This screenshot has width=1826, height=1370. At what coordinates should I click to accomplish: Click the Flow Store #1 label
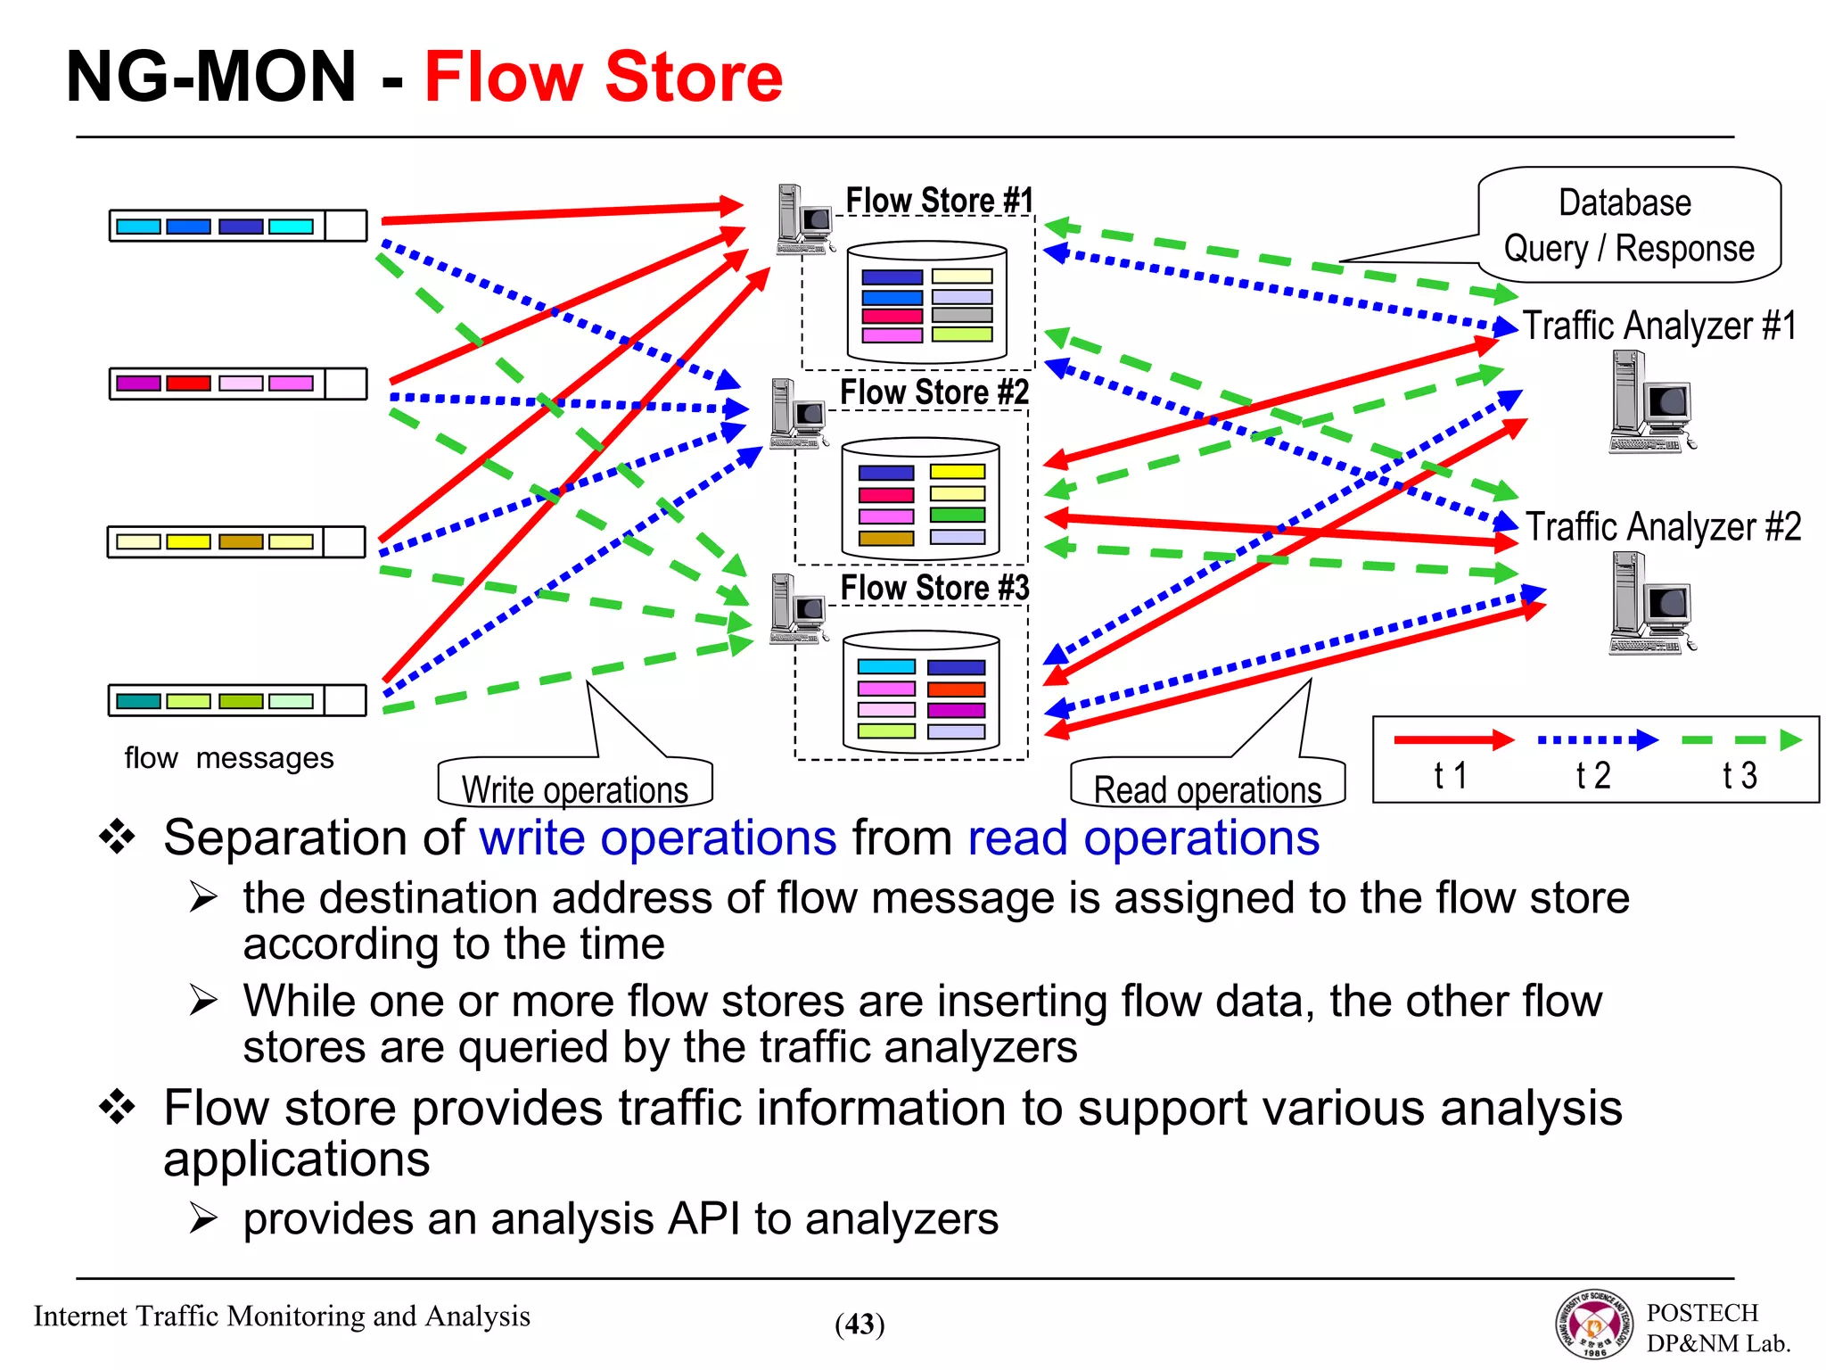click(938, 201)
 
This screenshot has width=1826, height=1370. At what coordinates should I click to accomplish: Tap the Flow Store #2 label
click(934, 392)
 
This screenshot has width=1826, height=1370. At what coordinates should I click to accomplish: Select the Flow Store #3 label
click(934, 588)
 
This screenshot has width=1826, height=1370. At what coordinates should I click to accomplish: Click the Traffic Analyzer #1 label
click(1658, 326)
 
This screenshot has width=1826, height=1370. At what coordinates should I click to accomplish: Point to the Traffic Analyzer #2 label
click(1663, 527)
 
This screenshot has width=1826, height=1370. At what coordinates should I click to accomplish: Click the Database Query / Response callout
click(1629, 226)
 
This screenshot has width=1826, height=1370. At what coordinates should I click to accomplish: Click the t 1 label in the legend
click(1450, 776)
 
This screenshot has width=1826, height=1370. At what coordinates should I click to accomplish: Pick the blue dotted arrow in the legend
click(1597, 739)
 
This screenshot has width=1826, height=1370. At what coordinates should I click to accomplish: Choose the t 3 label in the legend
click(1740, 776)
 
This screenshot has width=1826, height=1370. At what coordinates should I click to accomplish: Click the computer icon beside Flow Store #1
click(803, 219)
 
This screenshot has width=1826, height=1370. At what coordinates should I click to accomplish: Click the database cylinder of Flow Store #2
click(920, 498)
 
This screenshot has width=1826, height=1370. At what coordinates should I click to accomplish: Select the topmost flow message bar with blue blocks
click(238, 226)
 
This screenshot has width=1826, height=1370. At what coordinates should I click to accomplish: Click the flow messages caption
click(229, 758)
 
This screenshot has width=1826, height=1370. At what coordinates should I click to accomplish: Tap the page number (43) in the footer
click(860, 1325)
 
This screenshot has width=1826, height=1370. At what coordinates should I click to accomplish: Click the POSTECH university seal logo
click(1595, 1325)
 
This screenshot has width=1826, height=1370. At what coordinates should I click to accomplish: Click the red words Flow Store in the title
click(603, 78)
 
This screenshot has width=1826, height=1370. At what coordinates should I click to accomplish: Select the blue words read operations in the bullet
click(1143, 838)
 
